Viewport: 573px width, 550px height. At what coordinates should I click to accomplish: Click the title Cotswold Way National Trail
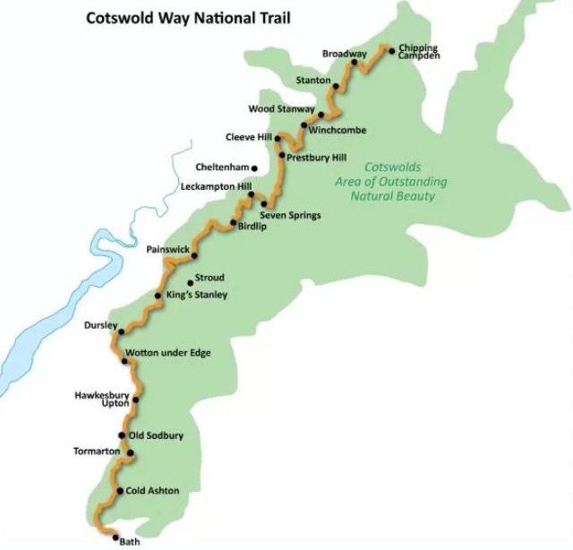coord(188,17)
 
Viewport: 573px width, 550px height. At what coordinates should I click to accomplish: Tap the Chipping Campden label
coord(418,51)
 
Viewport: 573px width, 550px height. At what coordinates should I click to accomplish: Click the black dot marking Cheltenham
coord(255,168)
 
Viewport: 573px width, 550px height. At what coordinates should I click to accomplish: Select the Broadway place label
coord(345,54)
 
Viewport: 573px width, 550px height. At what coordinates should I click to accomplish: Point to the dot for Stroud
coord(190,283)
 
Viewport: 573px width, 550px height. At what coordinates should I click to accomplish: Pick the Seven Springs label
coord(290,216)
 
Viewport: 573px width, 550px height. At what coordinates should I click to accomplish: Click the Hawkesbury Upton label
coord(103,399)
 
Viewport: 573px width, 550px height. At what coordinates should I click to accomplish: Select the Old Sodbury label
coord(156,435)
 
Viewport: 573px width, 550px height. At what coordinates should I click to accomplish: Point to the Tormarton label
coord(96,451)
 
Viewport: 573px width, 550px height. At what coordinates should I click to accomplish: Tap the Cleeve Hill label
coord(248,137)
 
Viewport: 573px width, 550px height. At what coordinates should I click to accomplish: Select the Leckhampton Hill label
coord(216,187)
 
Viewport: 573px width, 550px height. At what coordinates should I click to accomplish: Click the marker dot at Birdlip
coord(234,222)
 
